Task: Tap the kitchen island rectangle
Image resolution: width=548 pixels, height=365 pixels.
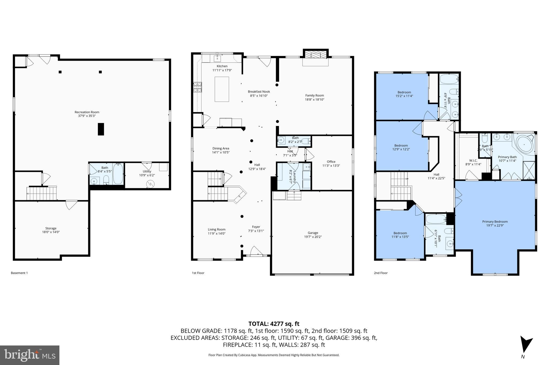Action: pyautogui.click(x=222, y=89)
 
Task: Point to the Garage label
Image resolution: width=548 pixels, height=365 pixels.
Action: pyautogui.click(x=313, y=233)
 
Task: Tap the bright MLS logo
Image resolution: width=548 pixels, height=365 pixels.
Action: pyautogui.click(x=30, y=355)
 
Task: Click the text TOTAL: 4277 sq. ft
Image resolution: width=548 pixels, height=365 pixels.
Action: pyautogui.click(x=274, y=324)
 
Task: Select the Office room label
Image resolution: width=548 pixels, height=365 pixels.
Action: pyautogui.click(x=331, y=162)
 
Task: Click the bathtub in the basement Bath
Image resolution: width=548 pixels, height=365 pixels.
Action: pyautogui.click(x=118, y=174)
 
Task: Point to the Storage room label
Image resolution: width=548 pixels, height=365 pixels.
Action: pyautogui.click(x=51, y=228)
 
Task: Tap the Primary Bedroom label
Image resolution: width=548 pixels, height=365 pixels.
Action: pyautogui.click(x=495, y=221)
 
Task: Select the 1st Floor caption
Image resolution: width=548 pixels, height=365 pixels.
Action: pyautogui.click(x=198, y=273)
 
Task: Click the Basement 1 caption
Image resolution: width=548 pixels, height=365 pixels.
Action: pyautogui.click(x=19, y=273)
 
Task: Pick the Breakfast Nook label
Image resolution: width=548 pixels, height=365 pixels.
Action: pyautogui.click(x=259, y=91)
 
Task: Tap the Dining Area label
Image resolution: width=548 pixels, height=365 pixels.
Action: pyautogui.click(x=221, y=148)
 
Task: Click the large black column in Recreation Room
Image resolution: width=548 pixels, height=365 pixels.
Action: pyautogui.click(x=101, y=129)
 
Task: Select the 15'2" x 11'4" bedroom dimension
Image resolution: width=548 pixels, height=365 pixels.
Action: pyautogui.click(x=404, y=96)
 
